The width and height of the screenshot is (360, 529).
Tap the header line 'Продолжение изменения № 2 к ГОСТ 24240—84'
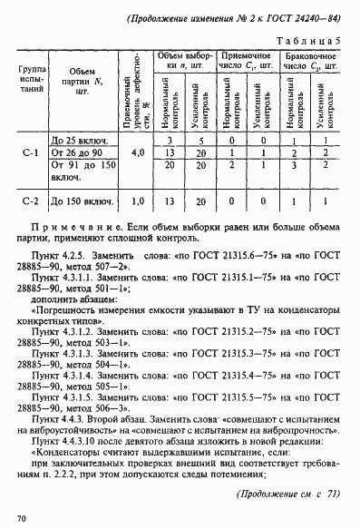(x=230, y=16)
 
